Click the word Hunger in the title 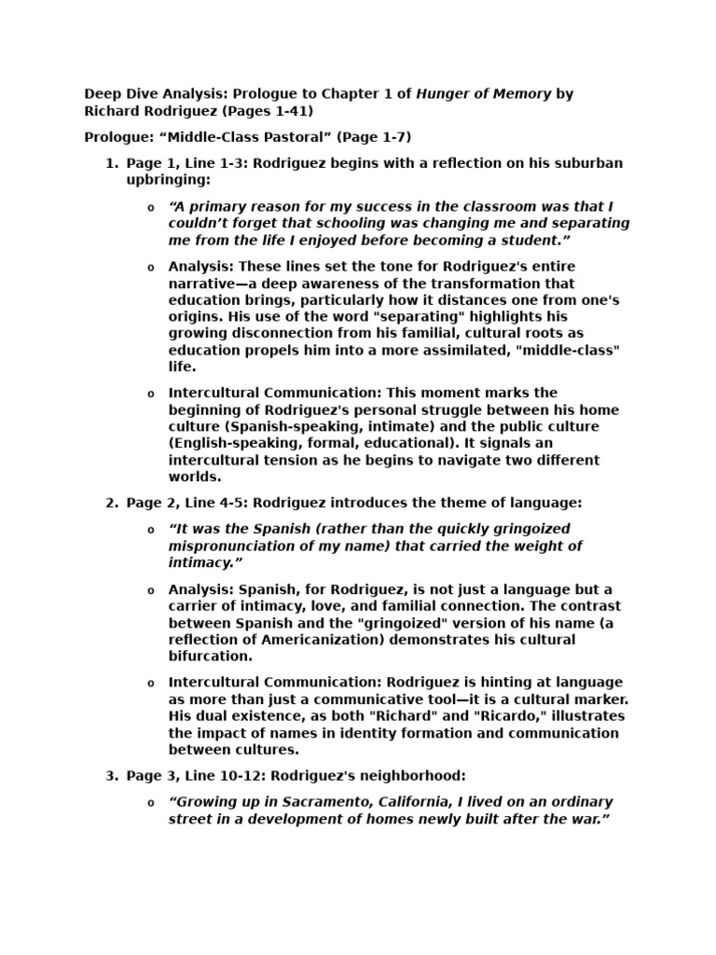click(x=442, y=93)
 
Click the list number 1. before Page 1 click(x=111, y=163)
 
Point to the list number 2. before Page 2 click(x=111, y=503)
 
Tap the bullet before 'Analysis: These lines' click(x=151, y=268)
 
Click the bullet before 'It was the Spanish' click(x=151, y=530)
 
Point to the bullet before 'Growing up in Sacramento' click(x=151, y=803)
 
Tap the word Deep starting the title click(x=103, y=93)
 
